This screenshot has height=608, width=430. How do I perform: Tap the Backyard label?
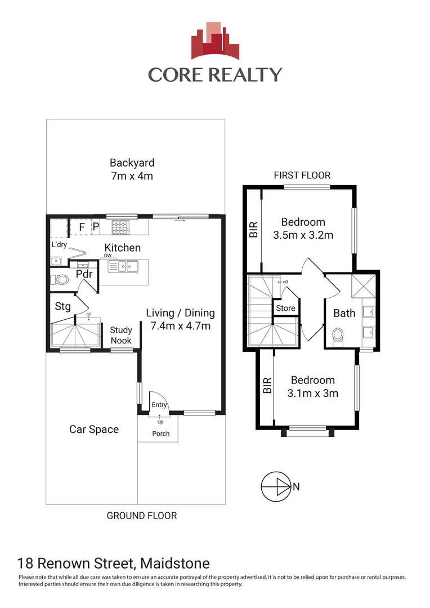132,163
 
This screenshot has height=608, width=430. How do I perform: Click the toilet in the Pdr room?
60,279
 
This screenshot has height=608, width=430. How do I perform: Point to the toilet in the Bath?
339,335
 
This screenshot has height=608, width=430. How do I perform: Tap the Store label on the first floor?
285,309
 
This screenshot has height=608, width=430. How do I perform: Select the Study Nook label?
120,336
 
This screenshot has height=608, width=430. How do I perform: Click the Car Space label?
94,430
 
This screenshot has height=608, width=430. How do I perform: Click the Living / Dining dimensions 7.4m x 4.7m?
180,325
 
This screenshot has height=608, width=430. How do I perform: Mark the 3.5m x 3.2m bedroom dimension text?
303,235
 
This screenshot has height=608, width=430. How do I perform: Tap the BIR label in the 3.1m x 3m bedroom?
267,385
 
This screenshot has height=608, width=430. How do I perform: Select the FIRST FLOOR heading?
302,176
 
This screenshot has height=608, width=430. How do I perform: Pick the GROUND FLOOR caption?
142,516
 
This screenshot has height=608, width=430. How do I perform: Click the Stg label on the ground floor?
62,307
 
